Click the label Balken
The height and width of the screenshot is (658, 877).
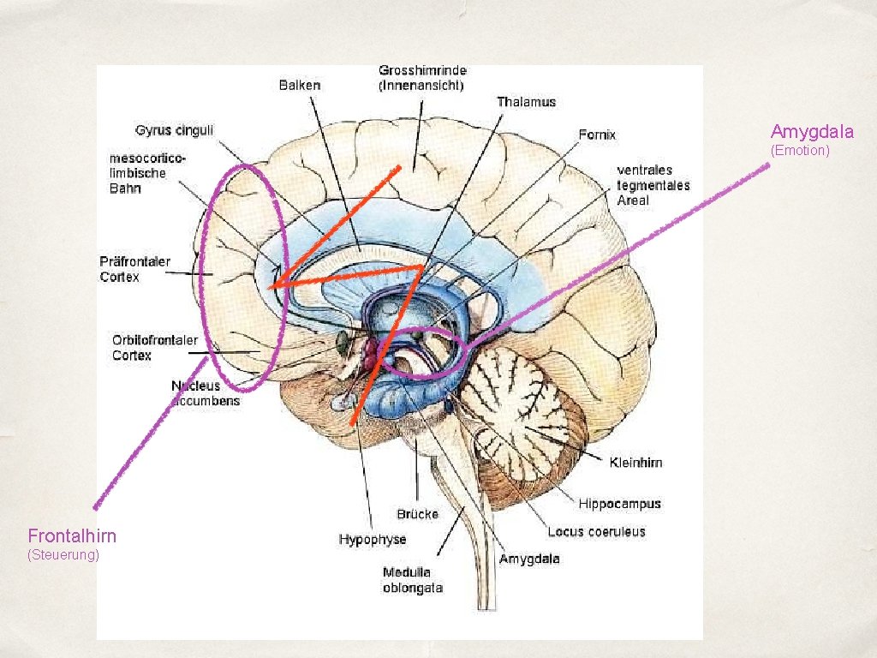(x=300, y=85)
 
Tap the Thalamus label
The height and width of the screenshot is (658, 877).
(x=526, y=102)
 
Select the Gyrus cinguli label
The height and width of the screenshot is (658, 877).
(x=175, y=130)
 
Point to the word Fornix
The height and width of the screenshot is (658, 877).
(x=597, y=135)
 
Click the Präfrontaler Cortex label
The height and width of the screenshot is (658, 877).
(x=135, y=269)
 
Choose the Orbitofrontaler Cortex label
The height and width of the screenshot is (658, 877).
(x=155, y=347)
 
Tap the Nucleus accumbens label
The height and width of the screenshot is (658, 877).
(x=206, y=392)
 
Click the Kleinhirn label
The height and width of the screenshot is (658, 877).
(x=635, y=463)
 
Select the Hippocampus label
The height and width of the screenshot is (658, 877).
(x=619, y=504)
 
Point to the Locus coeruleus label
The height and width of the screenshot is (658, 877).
(x=596, y=532)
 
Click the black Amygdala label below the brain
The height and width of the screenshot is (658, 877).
(x=529, y=559)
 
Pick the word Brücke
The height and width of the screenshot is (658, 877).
(x=417, y=514)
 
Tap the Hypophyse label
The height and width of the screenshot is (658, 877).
(x=373, y=540)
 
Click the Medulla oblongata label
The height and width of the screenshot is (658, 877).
(x=412, y=580)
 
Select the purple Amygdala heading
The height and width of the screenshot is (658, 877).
(x=812, y=131)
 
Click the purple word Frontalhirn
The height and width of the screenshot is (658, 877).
(x=72, y=536)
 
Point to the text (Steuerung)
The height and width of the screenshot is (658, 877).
(x=63, y=555)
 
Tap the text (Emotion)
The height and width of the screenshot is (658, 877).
(x=800, y=151)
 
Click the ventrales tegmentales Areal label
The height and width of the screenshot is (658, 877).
(x=653, y=185)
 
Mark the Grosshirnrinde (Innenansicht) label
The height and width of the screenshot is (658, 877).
(x=422, y=77)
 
